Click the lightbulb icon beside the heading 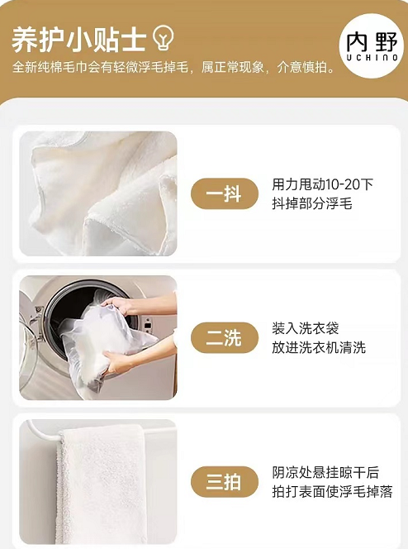(164, 37)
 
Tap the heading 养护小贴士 (78, 40)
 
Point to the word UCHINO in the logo (372, 57)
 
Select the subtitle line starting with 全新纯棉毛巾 (173, 67)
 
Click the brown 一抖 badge (225, 193)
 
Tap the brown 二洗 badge (225, 338)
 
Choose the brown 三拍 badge (225, 482)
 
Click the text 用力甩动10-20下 (323, 184)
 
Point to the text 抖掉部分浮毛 (312, 203)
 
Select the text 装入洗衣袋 (306, 329)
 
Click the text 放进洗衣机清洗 (319, 348)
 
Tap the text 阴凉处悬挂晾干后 (325, 473)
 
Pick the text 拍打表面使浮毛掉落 (332, 492)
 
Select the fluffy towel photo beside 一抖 (98, 193)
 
